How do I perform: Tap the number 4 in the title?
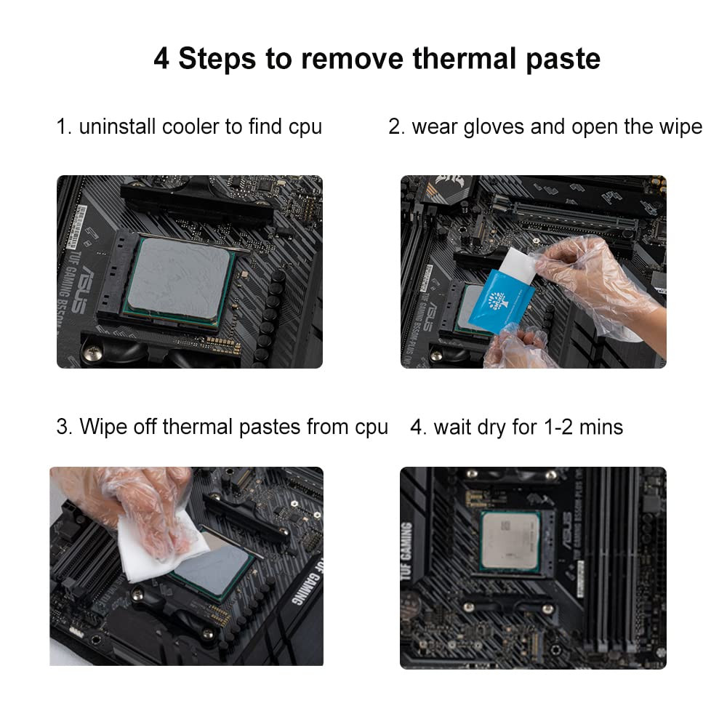click(x=161, y=59)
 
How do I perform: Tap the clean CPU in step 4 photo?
click(x=510, y=542)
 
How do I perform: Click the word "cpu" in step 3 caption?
click(x=371, y=426)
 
